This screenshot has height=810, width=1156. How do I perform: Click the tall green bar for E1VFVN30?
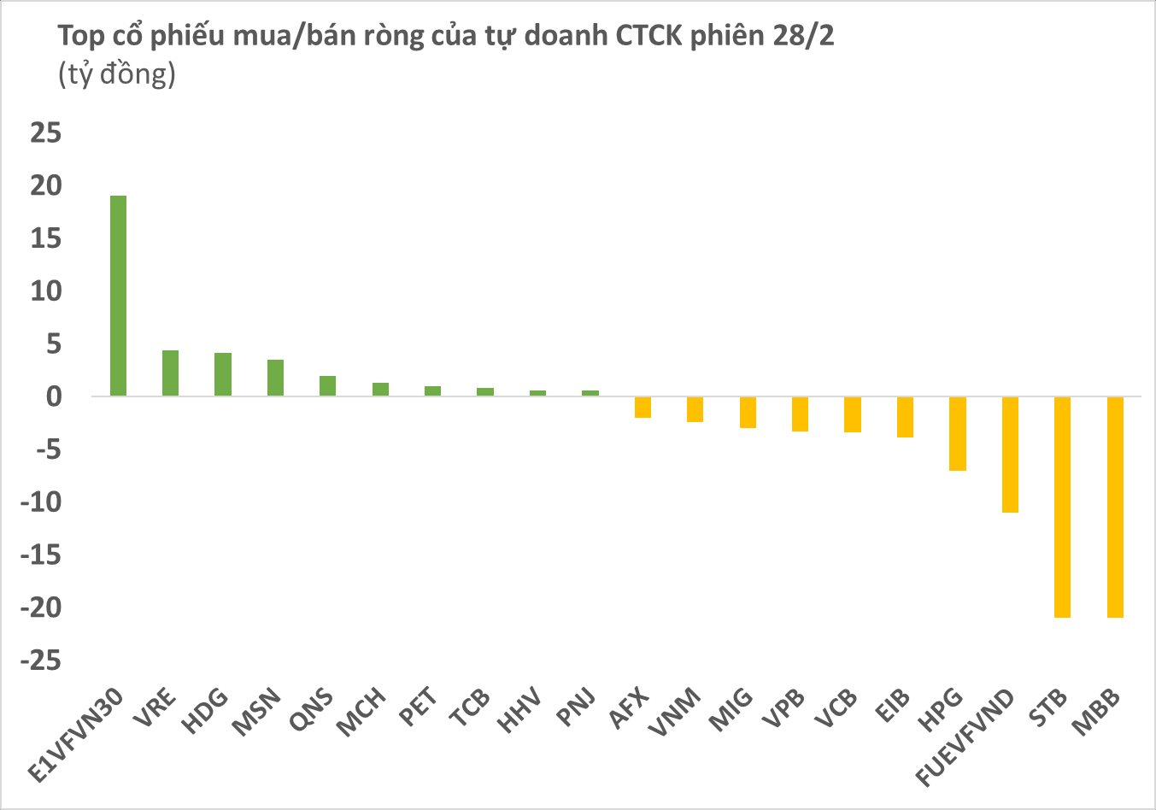[x=118, y=296]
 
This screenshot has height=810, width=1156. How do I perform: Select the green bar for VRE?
[x=170, y=373]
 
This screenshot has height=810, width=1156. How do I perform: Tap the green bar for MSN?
[x=275, y=378]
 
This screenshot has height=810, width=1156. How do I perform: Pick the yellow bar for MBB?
[x=1115, y=507]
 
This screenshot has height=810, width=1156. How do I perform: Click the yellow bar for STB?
[x=1062, y=507]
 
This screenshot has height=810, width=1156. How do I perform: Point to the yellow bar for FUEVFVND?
[x=1010, y=455]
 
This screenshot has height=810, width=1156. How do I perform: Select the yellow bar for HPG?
[x=957, y=433]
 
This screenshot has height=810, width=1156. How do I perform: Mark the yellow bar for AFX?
[x=643, y=407]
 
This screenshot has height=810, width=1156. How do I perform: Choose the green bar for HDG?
[x=222, y=374]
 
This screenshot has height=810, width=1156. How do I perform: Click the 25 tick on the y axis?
[x=46, y=132]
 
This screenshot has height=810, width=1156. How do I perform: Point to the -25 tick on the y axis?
[x=42, y=660]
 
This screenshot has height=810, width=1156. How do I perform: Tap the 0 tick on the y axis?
[x=54, y=396]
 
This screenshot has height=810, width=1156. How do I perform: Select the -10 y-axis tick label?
[x=42, y=502]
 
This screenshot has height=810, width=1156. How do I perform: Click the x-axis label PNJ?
[x=578, y=707]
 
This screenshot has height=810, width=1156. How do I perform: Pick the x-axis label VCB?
[x=837, y=708]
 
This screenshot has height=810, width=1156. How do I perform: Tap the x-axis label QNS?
[x=313, y=709]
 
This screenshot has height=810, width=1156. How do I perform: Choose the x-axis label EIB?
[x=894, y=706]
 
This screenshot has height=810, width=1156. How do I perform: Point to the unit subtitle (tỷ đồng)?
[x=116, y=74]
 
